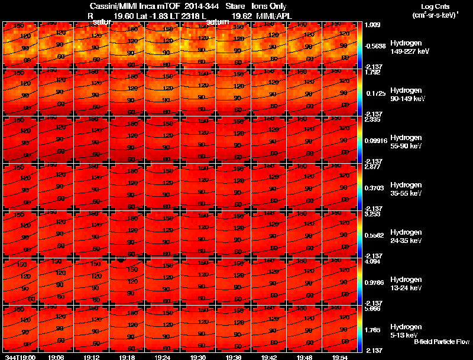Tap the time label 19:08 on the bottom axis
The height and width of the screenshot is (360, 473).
point(57,357)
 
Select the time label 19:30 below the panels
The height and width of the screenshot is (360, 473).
point(198,357)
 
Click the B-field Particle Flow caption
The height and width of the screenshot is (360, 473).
point(442,342)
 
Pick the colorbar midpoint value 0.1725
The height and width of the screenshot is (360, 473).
point(375,94)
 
